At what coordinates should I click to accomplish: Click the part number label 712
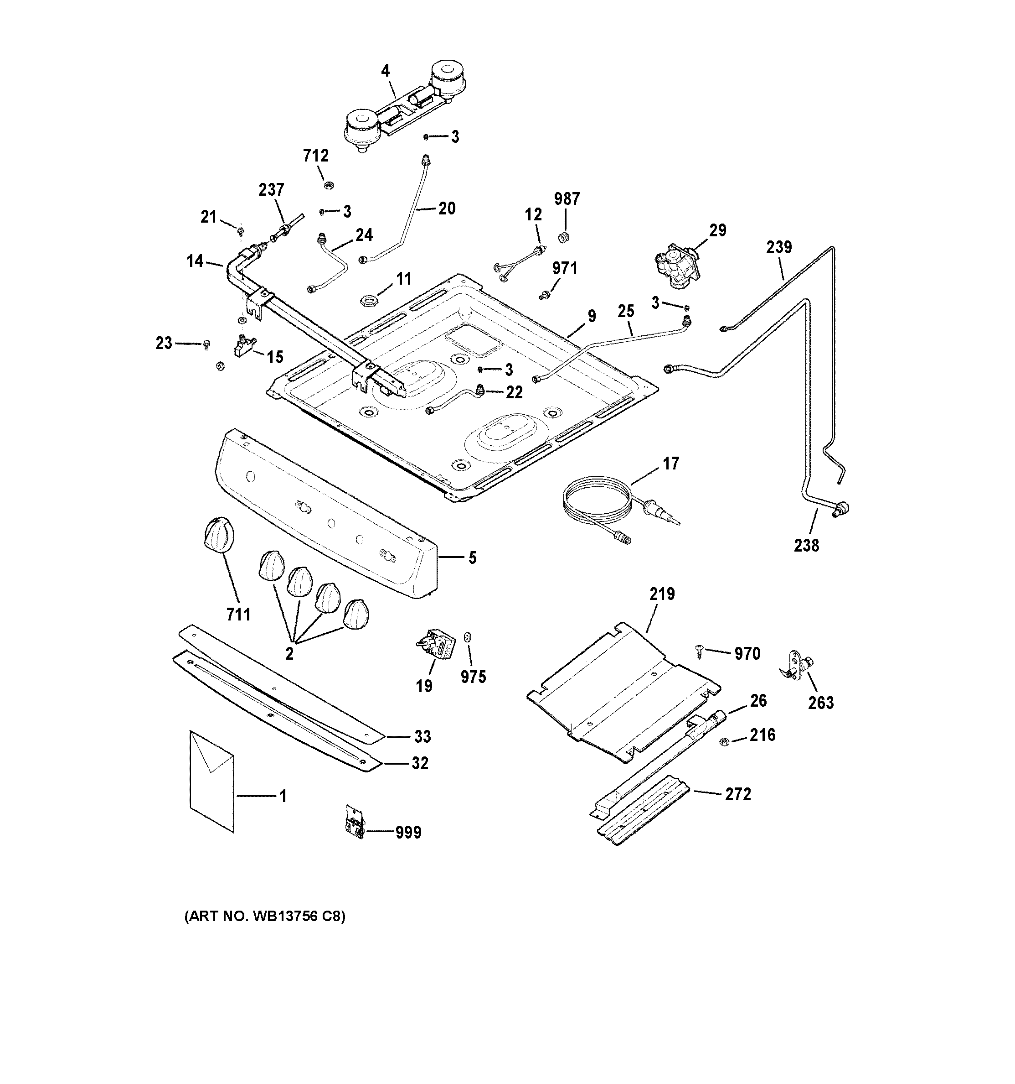315,156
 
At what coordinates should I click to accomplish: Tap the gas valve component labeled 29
676,266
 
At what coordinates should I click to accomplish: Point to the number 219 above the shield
661,594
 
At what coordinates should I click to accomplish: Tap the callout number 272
738,794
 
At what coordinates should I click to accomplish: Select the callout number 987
567,199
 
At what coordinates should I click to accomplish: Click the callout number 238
806,545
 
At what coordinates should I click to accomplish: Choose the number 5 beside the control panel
472,558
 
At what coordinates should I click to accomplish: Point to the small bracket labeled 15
246,346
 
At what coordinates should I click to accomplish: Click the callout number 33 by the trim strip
422,737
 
